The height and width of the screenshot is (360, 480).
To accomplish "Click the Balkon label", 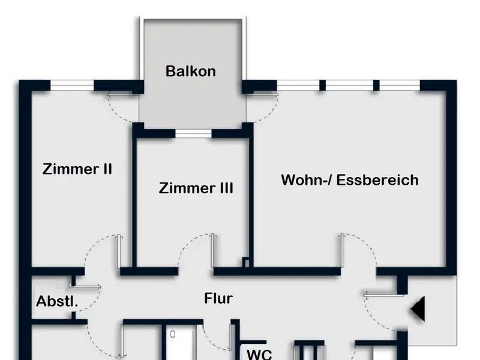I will pos(191,71).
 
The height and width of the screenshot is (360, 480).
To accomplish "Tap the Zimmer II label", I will pos(77,169).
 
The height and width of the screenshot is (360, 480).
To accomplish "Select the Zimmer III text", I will pos(196,188).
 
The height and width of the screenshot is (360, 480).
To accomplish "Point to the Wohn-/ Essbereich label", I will pos(350,180).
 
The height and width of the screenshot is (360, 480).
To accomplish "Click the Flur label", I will pos(218,298).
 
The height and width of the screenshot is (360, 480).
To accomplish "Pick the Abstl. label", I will pos(58,301).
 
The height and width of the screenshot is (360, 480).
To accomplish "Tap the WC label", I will pos(260,353).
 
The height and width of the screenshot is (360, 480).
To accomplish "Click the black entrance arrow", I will pos(418,310).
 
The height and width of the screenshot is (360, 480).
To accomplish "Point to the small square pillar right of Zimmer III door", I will pos(246,262).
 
